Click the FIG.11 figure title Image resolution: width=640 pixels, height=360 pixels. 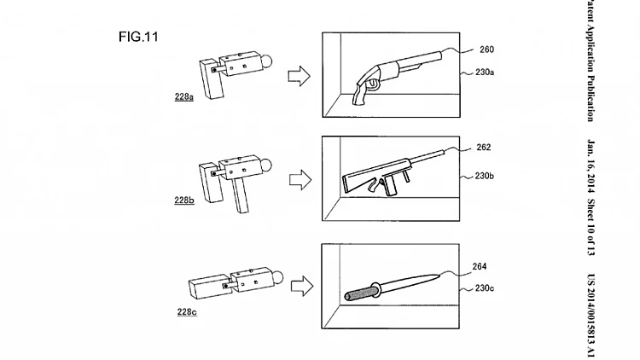click(x=138, y=37)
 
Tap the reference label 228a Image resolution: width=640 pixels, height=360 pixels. click(x=184, y=96)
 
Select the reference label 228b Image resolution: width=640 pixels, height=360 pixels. click(x=184, y=200)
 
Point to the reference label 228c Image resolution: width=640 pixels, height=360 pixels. click(x=187, y=312)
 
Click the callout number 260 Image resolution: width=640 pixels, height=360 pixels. click(x=487, y=49)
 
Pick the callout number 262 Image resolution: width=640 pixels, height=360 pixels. click(x=484, y=148)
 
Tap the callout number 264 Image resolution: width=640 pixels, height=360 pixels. click(x=480, y=266)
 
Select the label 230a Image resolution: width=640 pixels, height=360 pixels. click(x=485, y=73)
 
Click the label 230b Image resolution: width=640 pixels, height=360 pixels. click(x=485, y=176)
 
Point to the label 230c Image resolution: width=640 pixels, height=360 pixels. click(x=485, y=288)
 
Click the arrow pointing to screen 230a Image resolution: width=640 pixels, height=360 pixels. click(x=300, y=76)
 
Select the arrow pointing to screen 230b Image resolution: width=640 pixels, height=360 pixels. click(x=300, y=180)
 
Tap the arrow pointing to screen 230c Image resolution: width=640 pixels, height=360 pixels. click(x=302, y=286)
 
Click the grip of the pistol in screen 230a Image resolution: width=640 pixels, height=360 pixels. click(x=360, y=94)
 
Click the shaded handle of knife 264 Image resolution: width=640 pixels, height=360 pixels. click(x=359, y=293)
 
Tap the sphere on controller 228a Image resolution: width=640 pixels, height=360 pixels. click(x=265, y=61)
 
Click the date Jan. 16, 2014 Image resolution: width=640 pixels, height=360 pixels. click(x=591, y=165)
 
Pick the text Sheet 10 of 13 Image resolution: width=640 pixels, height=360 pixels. click(x=591, y=227)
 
